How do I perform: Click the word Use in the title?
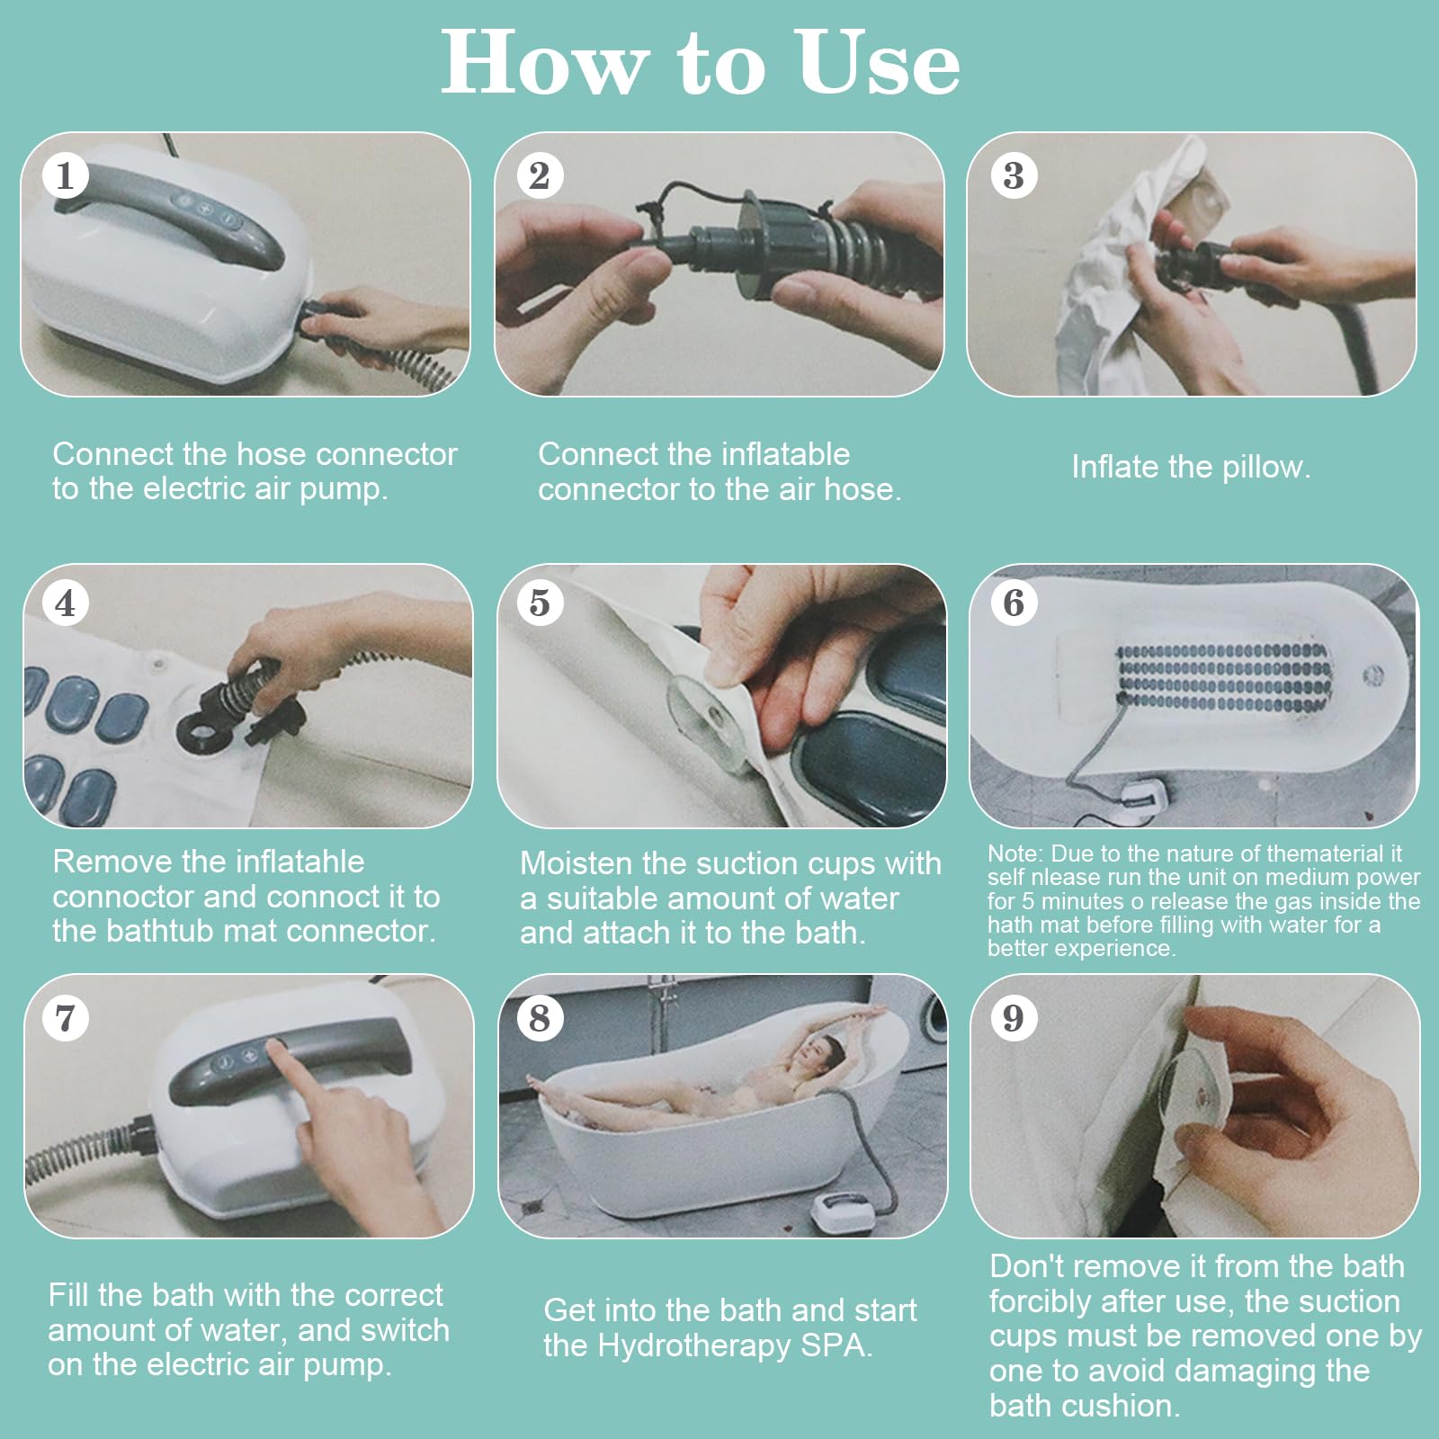pyautogui.click(x=879, y=63)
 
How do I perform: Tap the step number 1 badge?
pyautogui.click(x=65, y=175)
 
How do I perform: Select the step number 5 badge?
pyautogui.click(x=540, y=603)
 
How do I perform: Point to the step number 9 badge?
pyautogui.click(x=1014, y=1018)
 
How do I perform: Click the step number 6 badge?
pyautogui.click(x=1014, y=603)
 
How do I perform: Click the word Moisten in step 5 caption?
pyautogui.click(x=576, y=863)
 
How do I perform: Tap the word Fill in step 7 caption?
pyautogui.click(x=68, y=1295)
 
